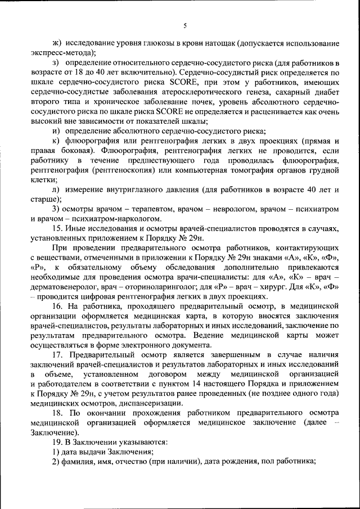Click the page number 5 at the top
click(184, 25)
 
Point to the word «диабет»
click(326, 91)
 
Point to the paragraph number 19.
click(57, 442)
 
